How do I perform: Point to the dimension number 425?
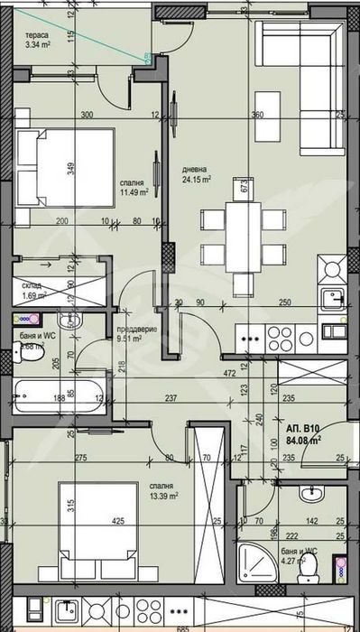point(117,520)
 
